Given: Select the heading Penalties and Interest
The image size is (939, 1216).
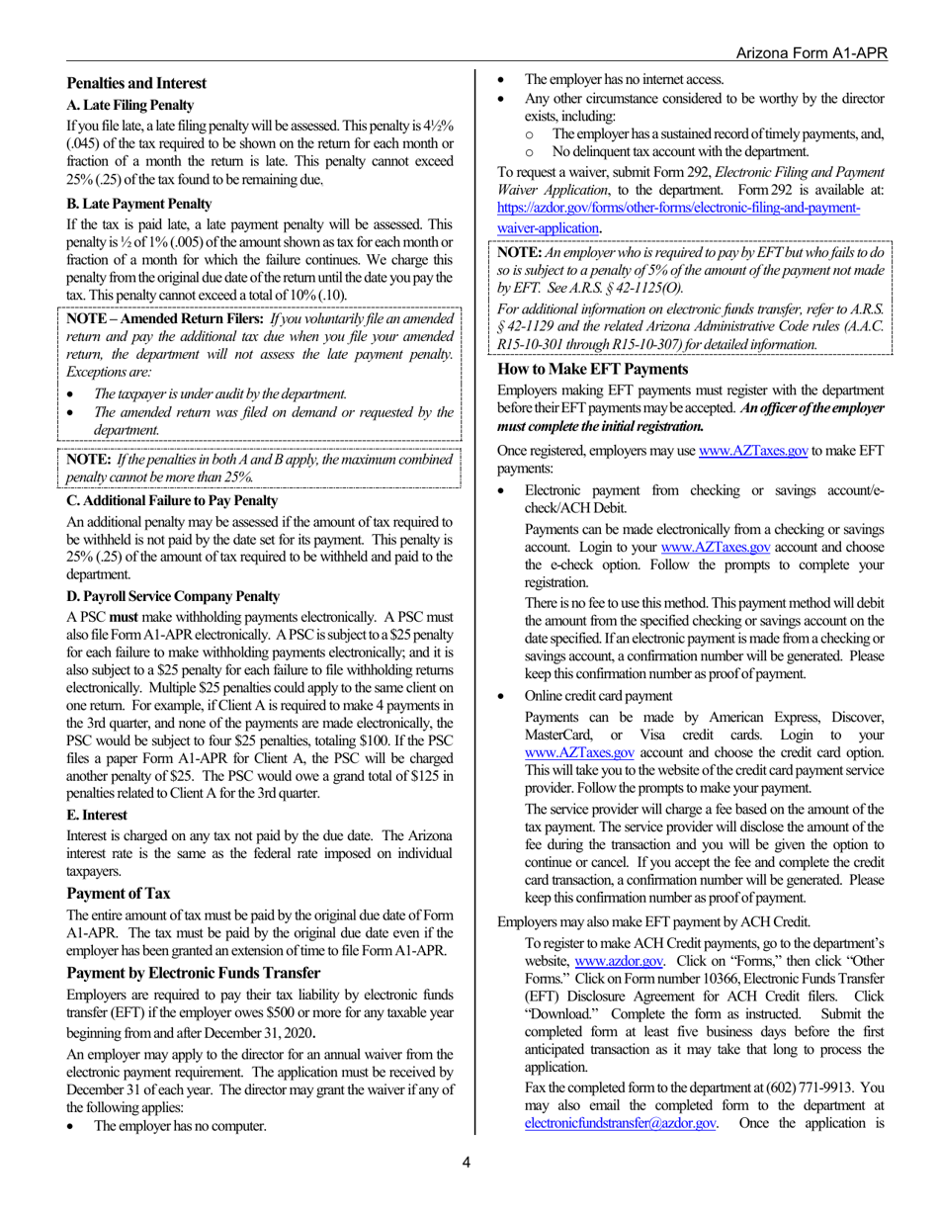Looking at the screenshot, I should [136, 84].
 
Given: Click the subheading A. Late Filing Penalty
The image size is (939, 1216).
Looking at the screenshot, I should [129, 106].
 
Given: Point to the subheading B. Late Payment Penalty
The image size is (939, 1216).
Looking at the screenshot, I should [138, 204].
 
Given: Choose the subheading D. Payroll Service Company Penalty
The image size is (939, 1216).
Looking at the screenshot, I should [173, 596].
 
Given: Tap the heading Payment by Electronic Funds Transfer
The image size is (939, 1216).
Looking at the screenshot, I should [193, 972].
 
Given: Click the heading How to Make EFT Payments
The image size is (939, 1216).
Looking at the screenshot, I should [591, 369].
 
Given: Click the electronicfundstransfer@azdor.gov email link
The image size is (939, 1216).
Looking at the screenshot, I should [620, 1124].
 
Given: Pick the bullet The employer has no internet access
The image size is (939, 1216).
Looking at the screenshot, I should [624, 80].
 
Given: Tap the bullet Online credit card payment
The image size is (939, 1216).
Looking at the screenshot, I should [598, 695].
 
